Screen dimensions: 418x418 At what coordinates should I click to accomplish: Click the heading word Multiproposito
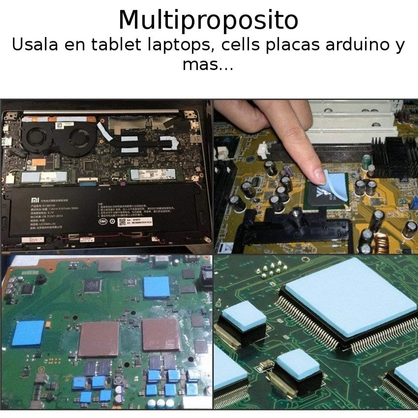click(x=208, y=20)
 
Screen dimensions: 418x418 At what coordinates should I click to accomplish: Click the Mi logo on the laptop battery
click(x=35, y=200)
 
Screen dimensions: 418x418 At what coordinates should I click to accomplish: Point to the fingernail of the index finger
click(x=319, y=175)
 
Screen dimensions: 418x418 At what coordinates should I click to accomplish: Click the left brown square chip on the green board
click(x=99, y=339)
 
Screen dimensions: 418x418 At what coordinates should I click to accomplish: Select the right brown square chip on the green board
click(x=161, y=334)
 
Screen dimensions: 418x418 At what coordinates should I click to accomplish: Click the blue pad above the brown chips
click(x=157, y=287)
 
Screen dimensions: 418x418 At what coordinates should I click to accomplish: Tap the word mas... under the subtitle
click(x=208, y=64)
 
